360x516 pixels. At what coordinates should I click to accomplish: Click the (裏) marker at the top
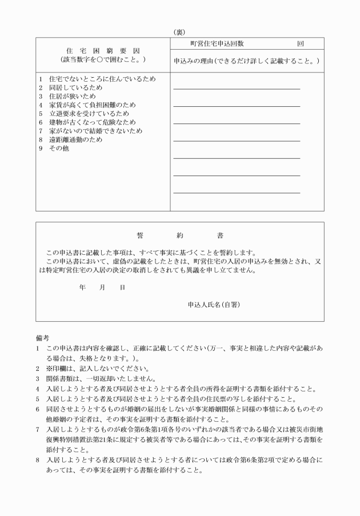pyautogui.click(x=180, y=32)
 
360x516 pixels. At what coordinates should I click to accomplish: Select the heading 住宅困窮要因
pyautogui.click(x=103, y=50)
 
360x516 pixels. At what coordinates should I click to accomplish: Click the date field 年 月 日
pyautogui.click(x=102, y=288)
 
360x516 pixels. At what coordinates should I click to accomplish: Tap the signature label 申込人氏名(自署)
pyautogui.click(x=214, y=305)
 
